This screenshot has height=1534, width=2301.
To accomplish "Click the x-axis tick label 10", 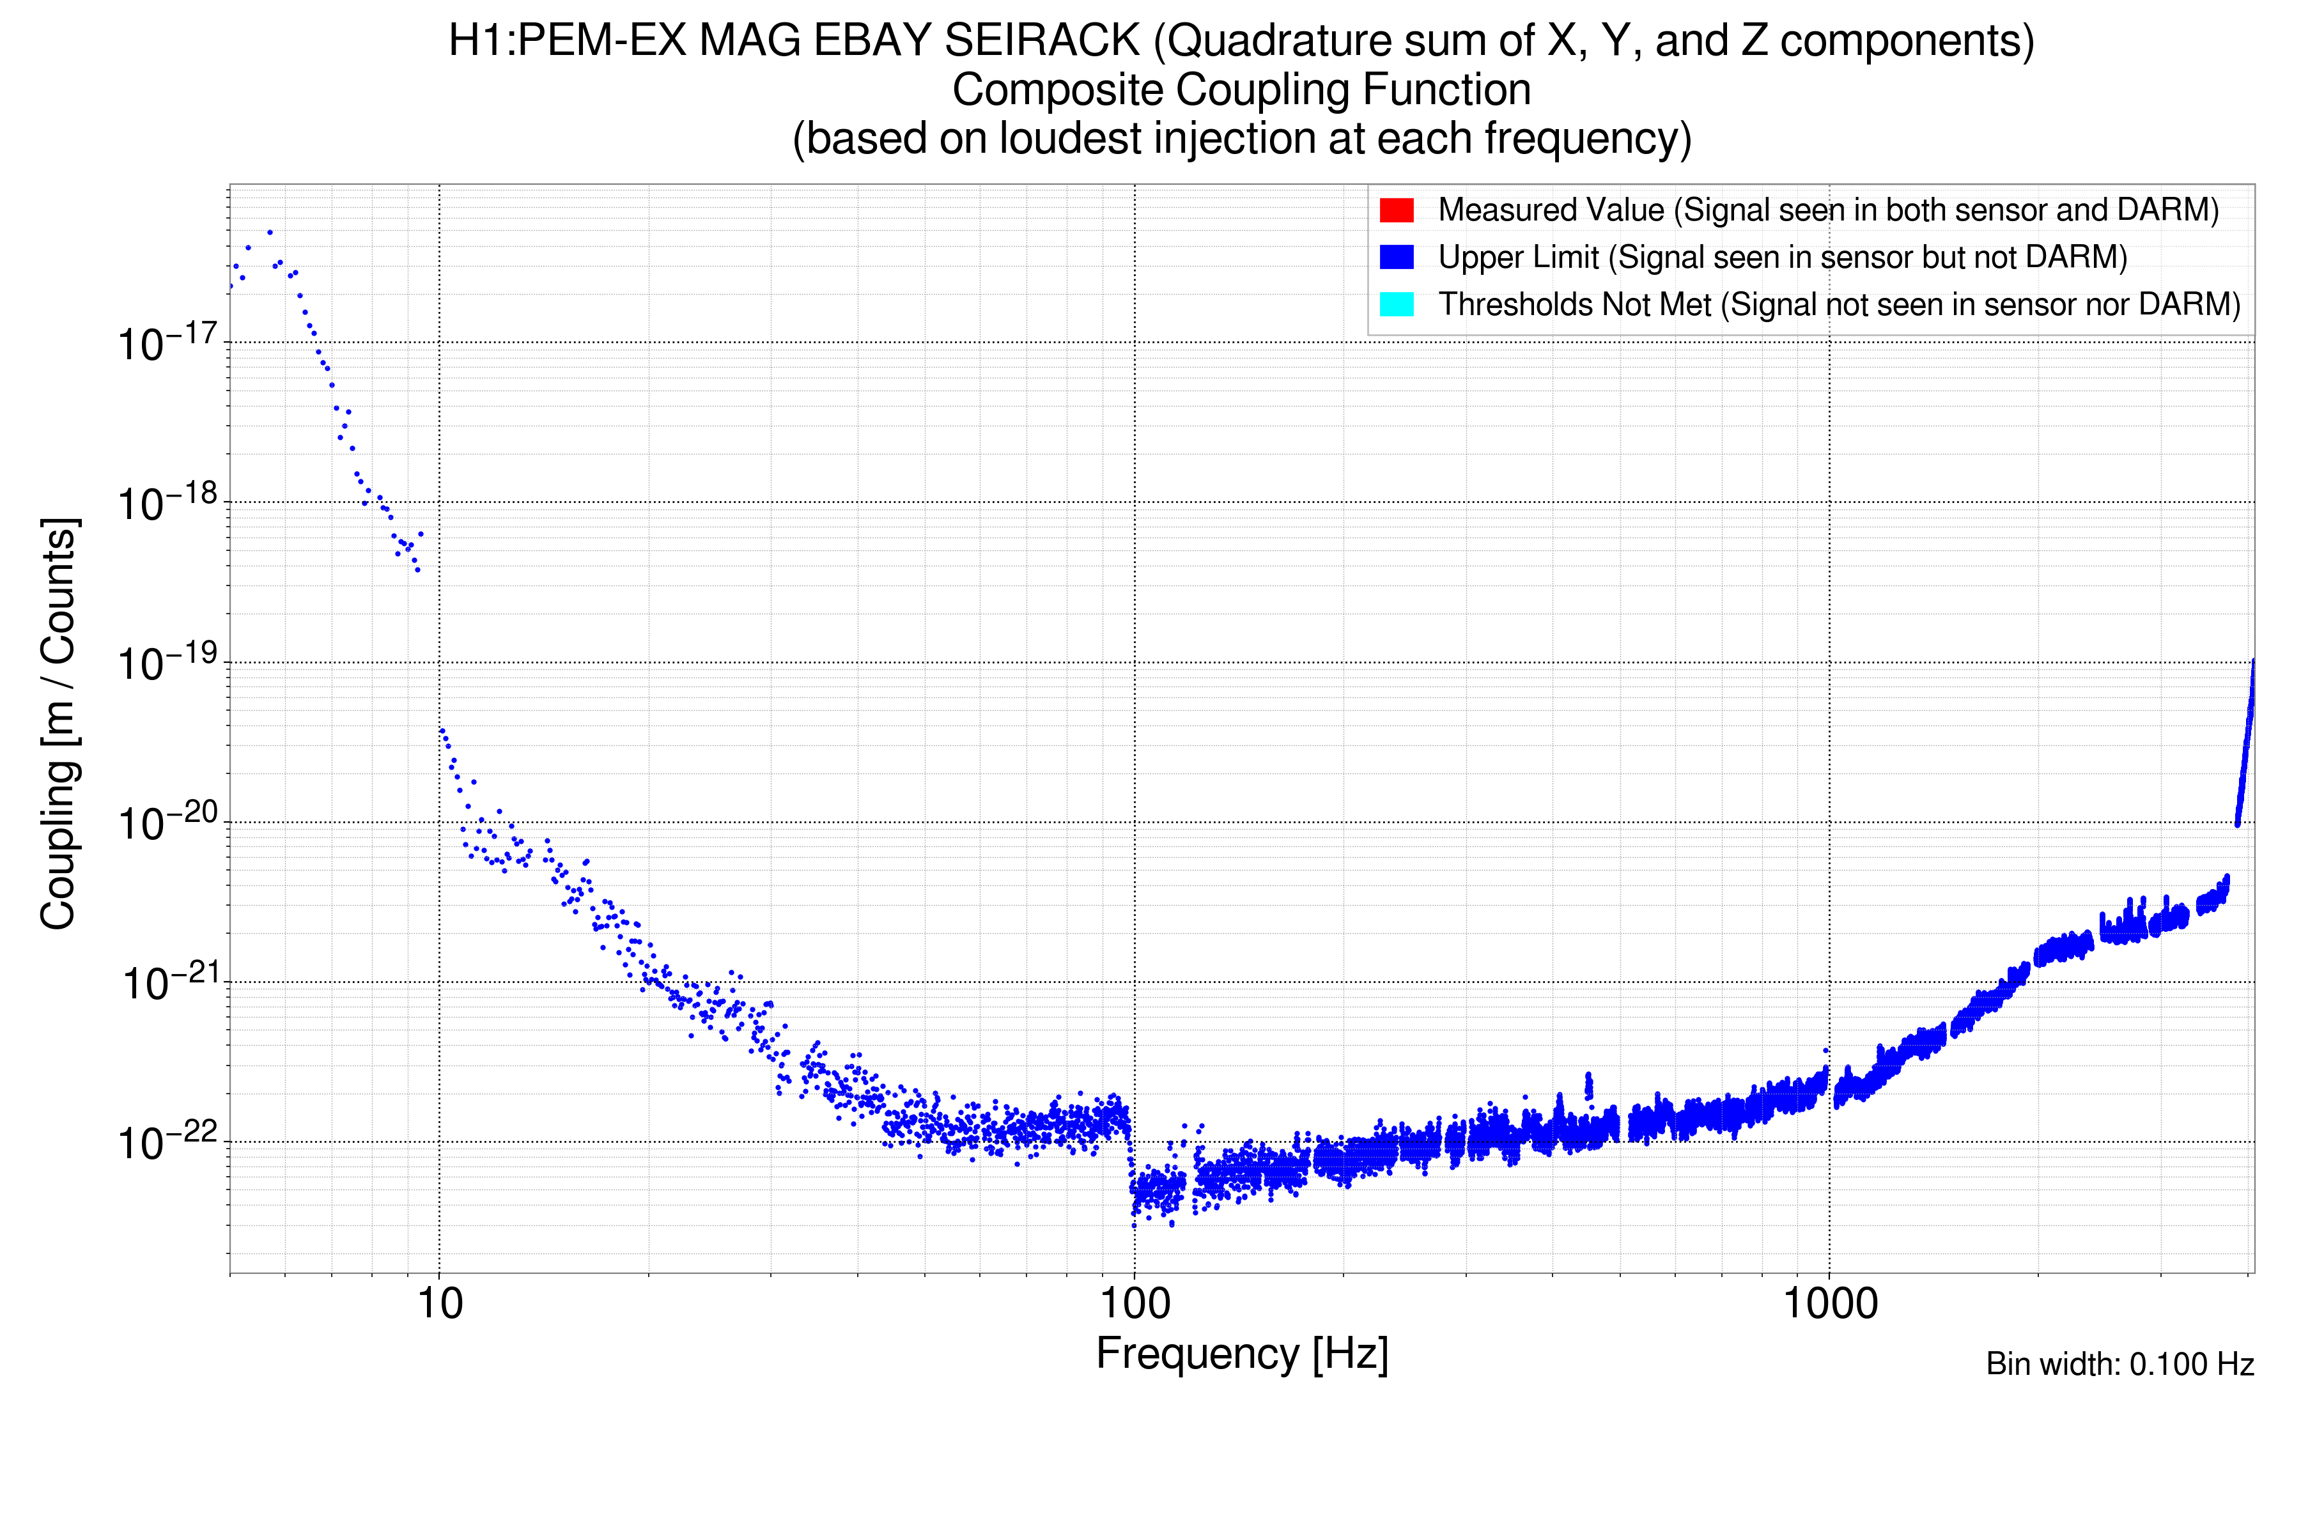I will (439, 1304).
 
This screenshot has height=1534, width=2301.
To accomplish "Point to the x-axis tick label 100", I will (1135, 1304).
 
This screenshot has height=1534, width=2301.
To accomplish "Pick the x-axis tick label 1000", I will (1829, 1304).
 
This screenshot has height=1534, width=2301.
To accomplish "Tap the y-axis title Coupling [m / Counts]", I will (59, 724).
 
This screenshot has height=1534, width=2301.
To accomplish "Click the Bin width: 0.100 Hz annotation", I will (2119, 1364).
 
